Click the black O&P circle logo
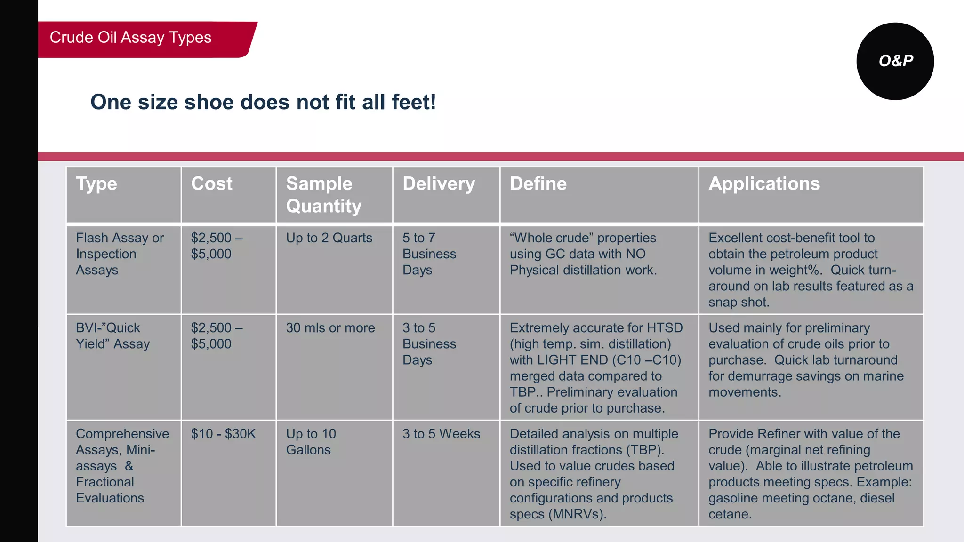[895, 61]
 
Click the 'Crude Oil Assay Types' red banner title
[131, 38]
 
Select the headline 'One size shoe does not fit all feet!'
[263, 102]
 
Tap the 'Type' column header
[96, 183]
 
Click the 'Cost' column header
[212, 183]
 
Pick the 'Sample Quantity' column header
[324, 195]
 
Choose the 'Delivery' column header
[439, 183]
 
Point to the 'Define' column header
[538, 183]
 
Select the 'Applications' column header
[764, 183]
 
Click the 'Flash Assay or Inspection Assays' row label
[120, 254]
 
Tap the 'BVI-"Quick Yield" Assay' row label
[113, 336]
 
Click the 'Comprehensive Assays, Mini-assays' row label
[122, 466]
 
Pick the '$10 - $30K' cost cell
[223, 434]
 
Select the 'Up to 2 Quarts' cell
[329, 238]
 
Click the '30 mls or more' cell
[330, 328]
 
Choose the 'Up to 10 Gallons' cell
[311, 442]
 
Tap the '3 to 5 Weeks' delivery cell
[441, 434]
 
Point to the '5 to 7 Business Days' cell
[429, 254]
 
